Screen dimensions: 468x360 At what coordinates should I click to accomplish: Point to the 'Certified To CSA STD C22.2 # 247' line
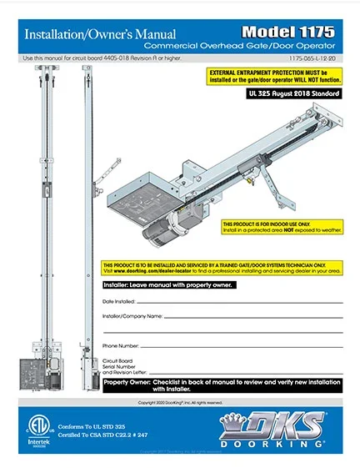pos(102,435)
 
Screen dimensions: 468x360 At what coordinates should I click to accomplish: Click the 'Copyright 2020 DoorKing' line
pos(179,401)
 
